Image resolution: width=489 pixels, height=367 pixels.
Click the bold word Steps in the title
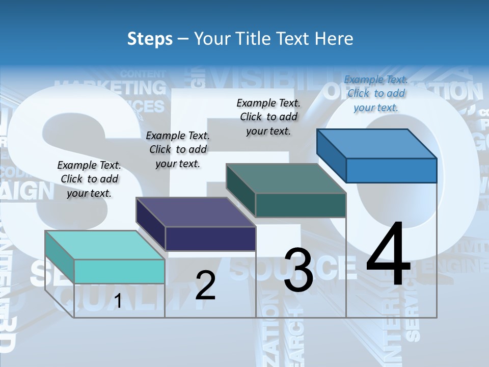coord(150,39)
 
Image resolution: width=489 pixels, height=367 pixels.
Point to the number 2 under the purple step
coord(205,285)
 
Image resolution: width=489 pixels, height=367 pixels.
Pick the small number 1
coord(118,301)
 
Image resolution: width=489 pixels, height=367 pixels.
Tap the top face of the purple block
coord(196,212)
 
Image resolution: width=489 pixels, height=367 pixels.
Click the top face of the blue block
coord(376,144)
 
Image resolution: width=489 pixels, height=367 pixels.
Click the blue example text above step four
coord(376,93)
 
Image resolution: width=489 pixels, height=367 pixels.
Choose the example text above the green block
coord(268,117)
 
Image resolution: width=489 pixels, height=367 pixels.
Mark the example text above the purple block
coord(178,149)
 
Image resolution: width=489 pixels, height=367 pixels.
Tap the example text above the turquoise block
coord(89,179)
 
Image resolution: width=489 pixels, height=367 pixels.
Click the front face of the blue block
coord(391,170)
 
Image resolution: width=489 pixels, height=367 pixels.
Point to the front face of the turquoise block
coord(119,271)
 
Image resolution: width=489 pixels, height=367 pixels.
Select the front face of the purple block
coord(210,239)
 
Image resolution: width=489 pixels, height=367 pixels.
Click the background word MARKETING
coord(111,88)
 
